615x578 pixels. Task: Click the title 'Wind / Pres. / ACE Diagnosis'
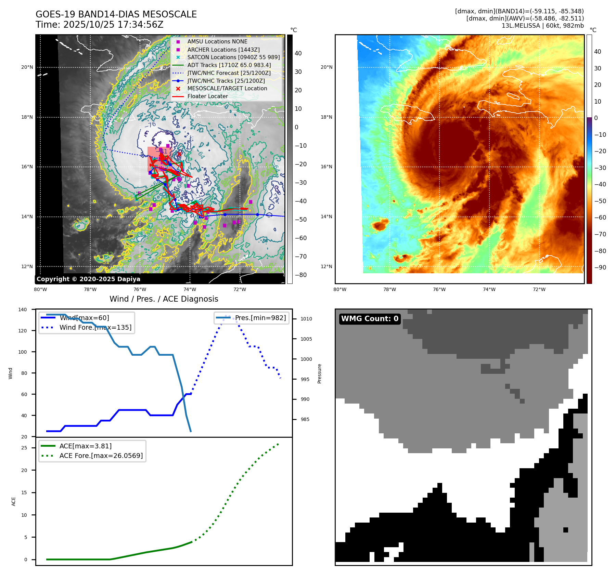[164, 299]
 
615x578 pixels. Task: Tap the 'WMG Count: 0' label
[370, 319]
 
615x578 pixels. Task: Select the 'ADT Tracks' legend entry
[229, 65]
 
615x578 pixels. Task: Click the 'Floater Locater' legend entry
[207, 96]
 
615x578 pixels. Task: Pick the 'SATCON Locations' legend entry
[233, 57]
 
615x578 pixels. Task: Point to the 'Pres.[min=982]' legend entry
[260, 318]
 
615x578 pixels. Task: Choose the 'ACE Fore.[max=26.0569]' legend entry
[101, 456]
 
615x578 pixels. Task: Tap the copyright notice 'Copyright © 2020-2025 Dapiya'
[88, 279]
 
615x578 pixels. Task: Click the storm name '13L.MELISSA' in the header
[521, 26]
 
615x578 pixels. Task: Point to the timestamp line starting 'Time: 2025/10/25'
[99, 25]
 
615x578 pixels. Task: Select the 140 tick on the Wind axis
[23, 310]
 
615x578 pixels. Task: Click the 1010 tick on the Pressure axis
[306, 319]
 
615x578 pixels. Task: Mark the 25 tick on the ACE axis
[24, 448]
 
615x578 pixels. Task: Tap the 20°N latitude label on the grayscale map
[27, 67]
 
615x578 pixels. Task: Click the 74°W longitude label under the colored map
[489, 289]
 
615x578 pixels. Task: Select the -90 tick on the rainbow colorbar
[600, 267]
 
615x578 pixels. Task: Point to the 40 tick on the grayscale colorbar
[298, 53]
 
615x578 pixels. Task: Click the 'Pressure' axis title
[319, 373]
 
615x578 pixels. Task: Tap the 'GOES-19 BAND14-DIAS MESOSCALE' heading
[116, 14]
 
